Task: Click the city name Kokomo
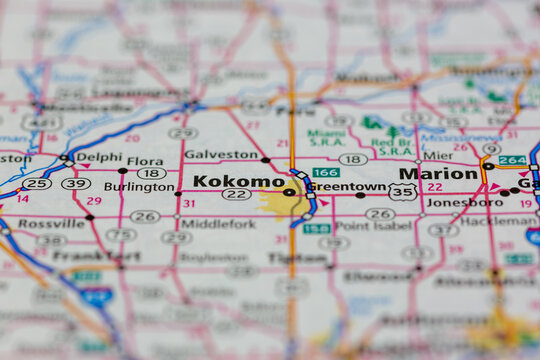tap(238, 181)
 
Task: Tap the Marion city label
tap(438, 173)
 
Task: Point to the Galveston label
tap(222, 155)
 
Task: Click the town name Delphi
tap(99, 157)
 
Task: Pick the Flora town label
tap(145, 160)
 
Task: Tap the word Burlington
tap(139, 186)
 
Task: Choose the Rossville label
tap(50, 224)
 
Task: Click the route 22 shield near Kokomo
tap(237, 194)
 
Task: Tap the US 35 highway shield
tap(403, 191)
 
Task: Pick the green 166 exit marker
tap(325, 173)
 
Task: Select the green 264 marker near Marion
tap(512, 160)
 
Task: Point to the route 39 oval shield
tap(76, 183)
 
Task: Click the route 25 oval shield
tap(37, 183)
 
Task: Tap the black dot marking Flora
tap(123, 171)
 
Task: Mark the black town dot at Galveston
tap(265, 160)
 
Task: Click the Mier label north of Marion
tap(437, 155)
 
